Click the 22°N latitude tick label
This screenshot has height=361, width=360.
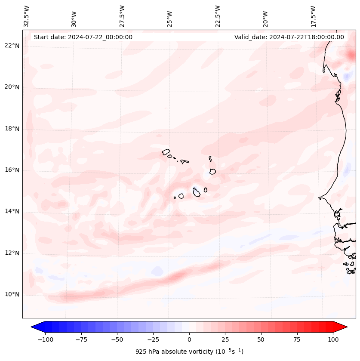[x=12, y=46]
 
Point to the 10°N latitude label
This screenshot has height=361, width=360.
[x=12, y=295]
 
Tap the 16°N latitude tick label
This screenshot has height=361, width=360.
[x=12, y=170]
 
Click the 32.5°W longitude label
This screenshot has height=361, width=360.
[x=27, y=16]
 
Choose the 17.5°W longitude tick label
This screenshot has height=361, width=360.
[x=314, y=16]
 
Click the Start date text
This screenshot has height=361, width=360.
[x=83, y=37]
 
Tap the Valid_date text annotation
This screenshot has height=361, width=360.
[x=289, y=37]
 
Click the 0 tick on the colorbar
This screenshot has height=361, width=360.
[x=189, y=339]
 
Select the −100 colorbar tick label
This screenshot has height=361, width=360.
[x=46, y=339]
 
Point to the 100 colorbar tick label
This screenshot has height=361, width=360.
[x=333, y=339]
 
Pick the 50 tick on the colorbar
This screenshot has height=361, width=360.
[x=261, y=339]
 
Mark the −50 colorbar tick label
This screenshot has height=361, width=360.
[x=117, y=339]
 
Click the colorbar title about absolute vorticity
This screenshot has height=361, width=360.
[x=189, y=352]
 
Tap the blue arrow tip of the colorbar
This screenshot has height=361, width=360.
[x=33, y=327]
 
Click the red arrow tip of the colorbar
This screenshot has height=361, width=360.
[x=345, y=327]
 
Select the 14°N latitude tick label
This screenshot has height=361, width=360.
[x=12, y=211]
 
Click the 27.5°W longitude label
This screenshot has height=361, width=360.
[x=122, y=16]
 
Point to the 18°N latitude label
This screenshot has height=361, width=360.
[x=12, y=129]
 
